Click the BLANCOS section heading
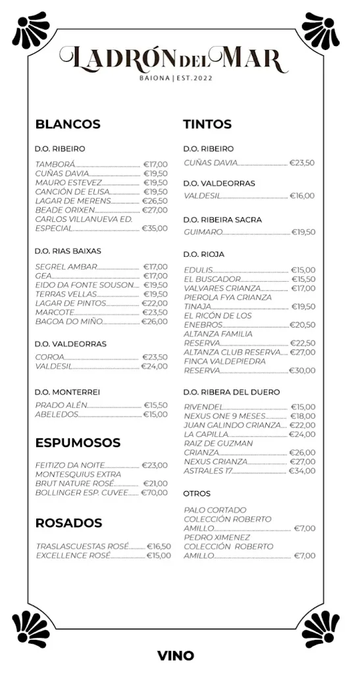68,124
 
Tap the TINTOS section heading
207,124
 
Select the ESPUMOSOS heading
78,442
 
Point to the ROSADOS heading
68,523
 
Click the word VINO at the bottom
176,656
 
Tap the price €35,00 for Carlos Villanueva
155,228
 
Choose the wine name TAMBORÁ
55,165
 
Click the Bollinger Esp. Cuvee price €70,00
155,492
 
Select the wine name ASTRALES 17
208,471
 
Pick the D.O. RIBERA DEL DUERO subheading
231,392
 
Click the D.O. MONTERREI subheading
67,392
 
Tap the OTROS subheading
197,493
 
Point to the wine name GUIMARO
203,232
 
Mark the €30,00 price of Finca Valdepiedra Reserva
302,371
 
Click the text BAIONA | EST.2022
176,78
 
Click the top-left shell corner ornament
31,30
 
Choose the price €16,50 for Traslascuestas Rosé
158,546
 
